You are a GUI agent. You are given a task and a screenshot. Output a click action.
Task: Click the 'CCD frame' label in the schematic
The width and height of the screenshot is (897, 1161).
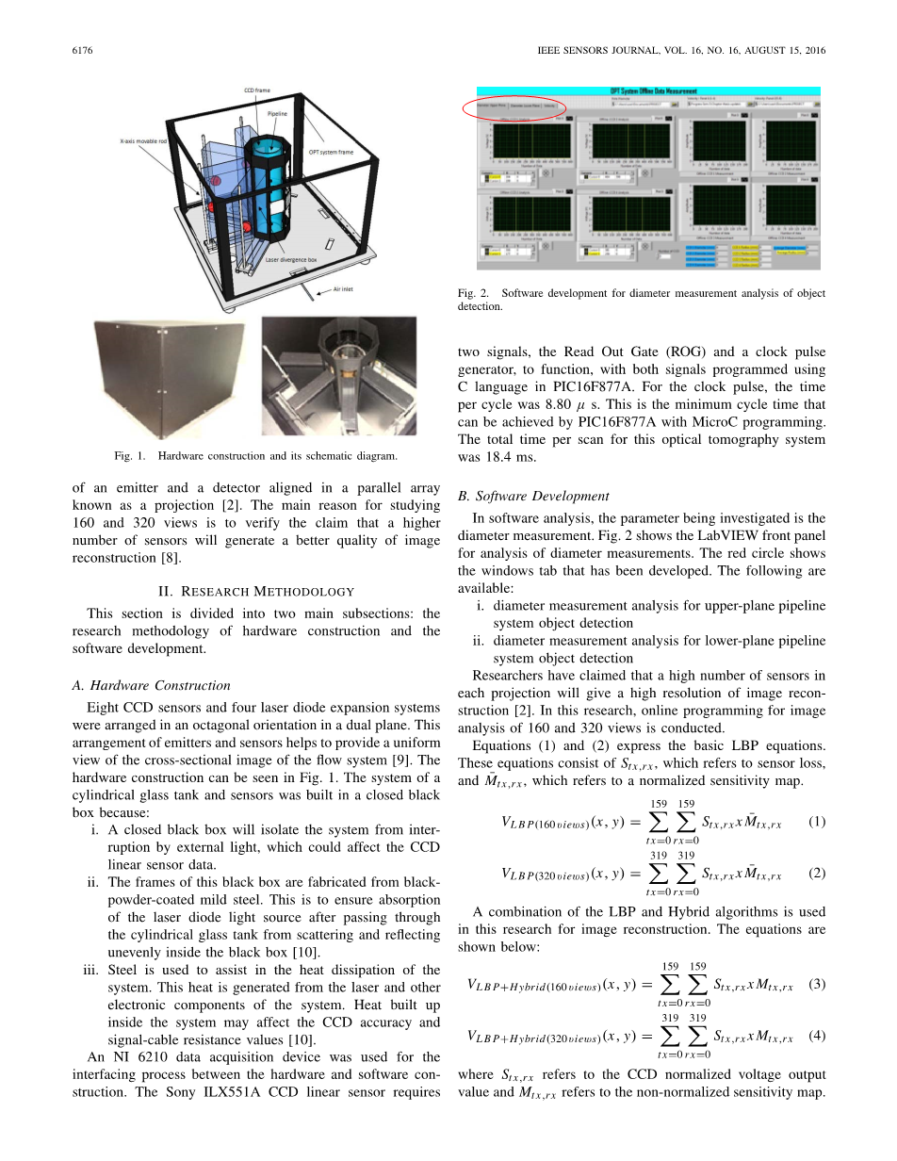[256, 91]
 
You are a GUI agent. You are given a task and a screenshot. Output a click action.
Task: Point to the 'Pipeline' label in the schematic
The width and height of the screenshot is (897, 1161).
[277, 113]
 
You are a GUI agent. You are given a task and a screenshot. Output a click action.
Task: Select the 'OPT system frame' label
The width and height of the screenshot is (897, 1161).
[332, 151]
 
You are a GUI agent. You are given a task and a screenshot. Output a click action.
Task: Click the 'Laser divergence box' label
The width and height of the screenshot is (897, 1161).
[294, 258]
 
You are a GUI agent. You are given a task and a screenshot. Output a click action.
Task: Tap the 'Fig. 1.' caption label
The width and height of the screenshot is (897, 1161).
[131, 456]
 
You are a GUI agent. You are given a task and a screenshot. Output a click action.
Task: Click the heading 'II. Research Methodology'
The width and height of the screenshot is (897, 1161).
[255, 591]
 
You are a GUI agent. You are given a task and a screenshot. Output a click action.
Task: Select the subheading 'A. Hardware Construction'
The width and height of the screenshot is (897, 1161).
[151, 685]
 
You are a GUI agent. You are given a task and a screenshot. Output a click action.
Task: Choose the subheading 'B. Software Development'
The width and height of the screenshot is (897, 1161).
[532, 496]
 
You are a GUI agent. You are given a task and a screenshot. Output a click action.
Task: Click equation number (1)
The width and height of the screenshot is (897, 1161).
[817, 821]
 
